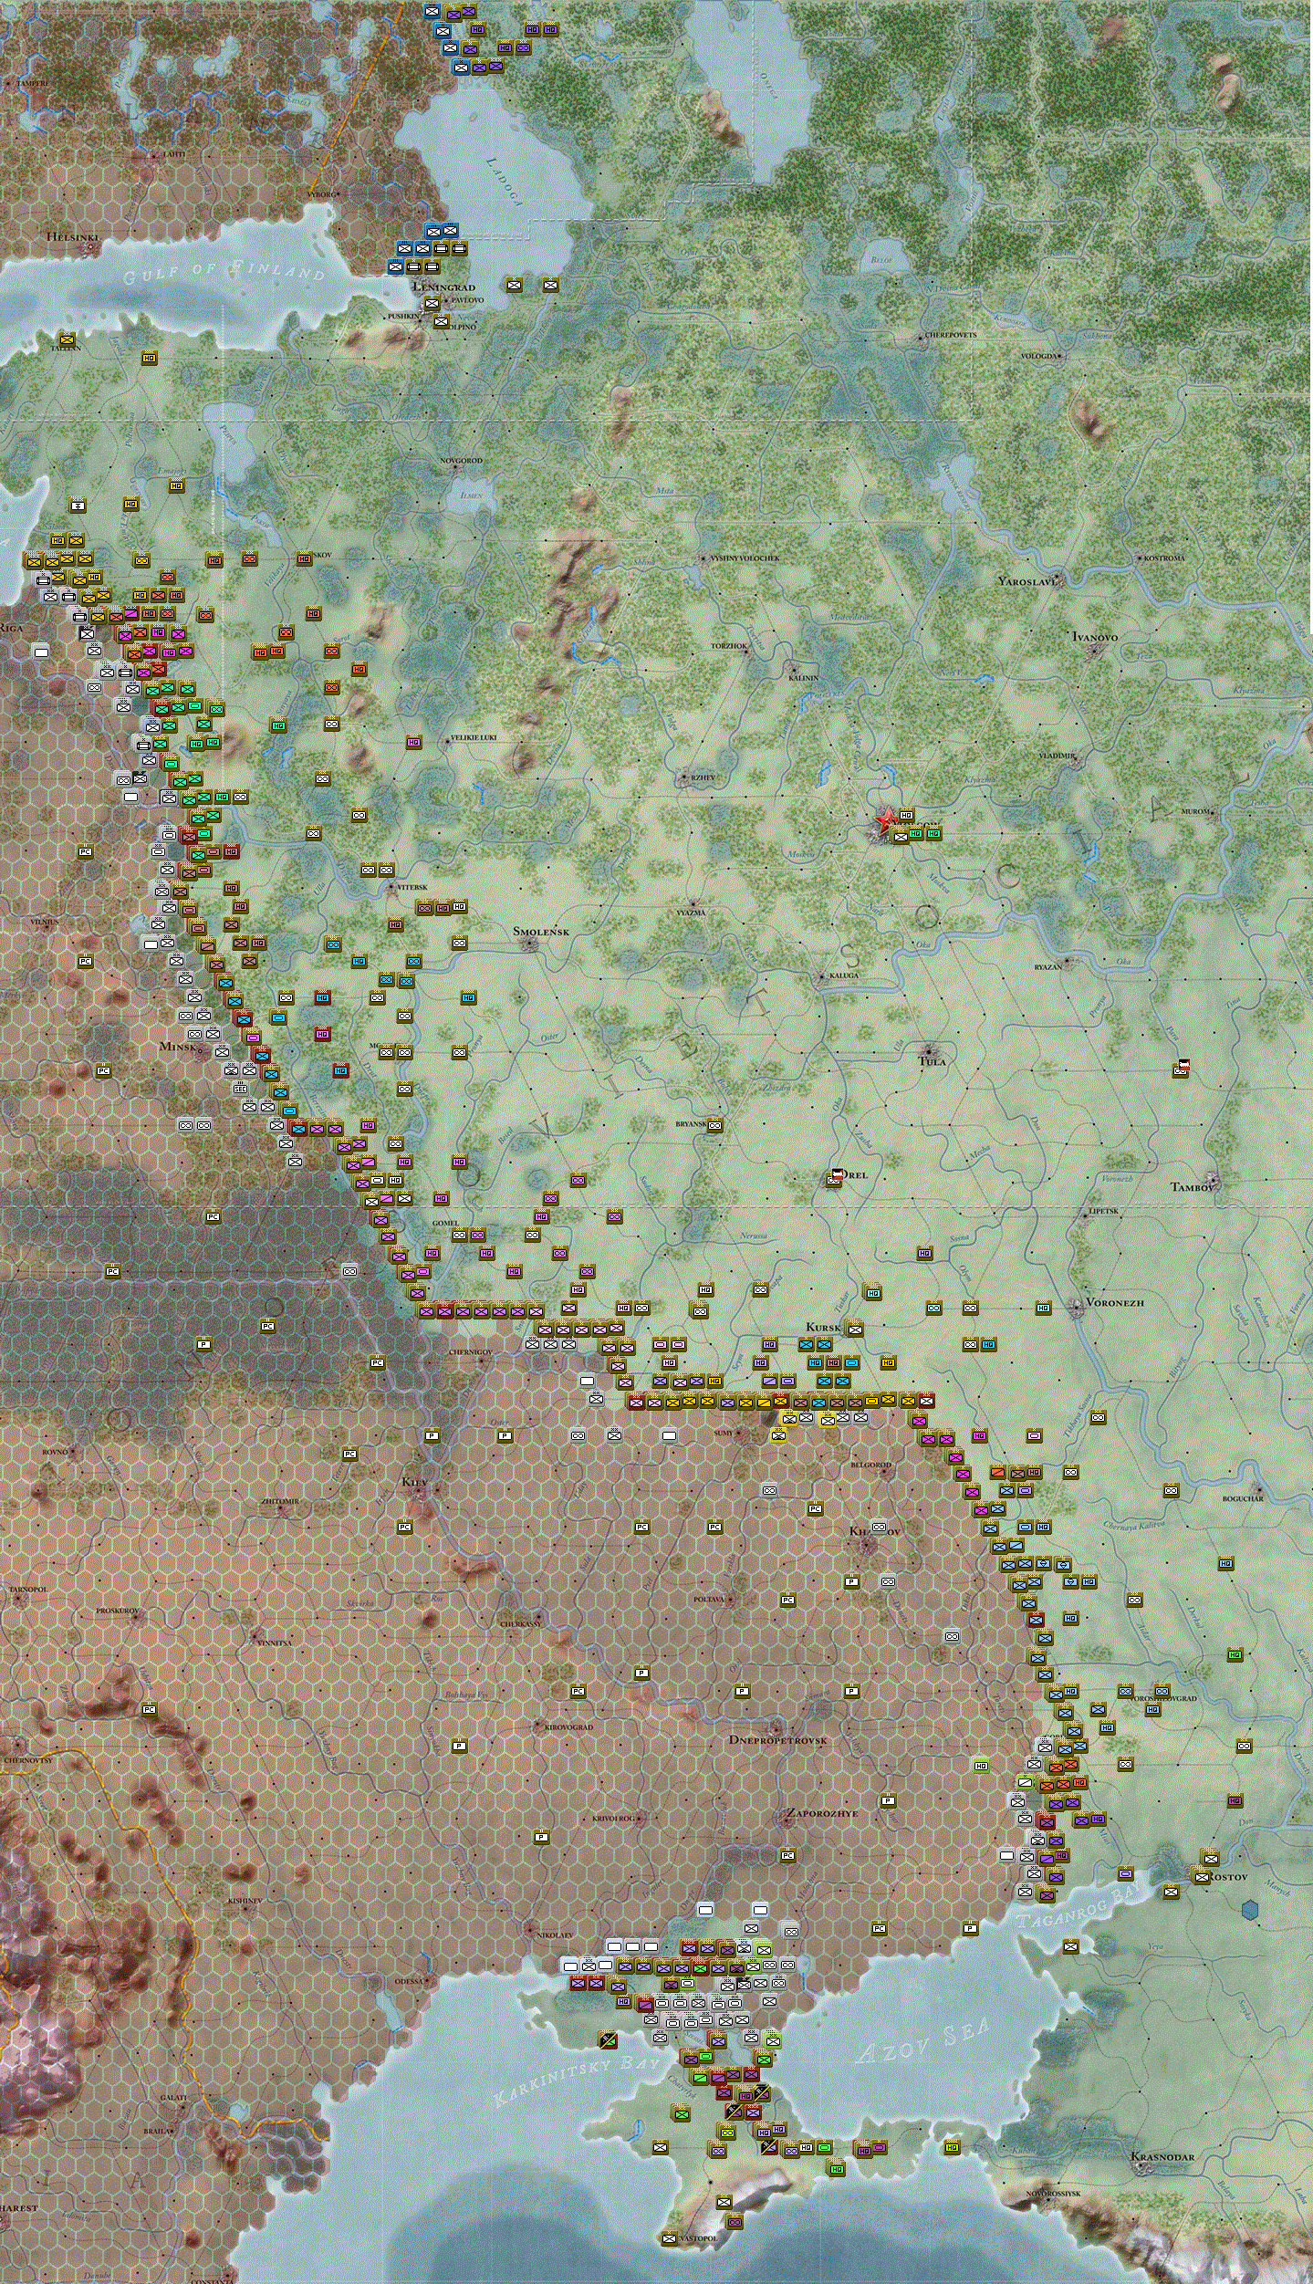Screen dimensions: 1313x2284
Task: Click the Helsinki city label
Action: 72,237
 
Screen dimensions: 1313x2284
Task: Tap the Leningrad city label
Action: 444,287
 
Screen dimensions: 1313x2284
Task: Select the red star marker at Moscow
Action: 884,819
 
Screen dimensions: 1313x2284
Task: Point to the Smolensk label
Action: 540,932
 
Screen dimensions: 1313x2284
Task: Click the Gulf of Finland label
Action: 224,272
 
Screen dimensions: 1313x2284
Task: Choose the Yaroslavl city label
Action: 1026,581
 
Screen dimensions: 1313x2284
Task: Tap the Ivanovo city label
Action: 1094,637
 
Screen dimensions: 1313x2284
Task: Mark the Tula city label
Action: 933,1061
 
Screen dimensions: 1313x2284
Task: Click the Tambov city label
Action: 1192,1187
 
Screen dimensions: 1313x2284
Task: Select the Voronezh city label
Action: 1114,1302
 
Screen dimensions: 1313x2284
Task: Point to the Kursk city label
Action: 822,1327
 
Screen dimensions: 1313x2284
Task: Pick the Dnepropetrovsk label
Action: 777,1740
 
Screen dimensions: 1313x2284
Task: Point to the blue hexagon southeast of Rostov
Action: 1250,1908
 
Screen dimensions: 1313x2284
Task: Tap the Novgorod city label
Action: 461,461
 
